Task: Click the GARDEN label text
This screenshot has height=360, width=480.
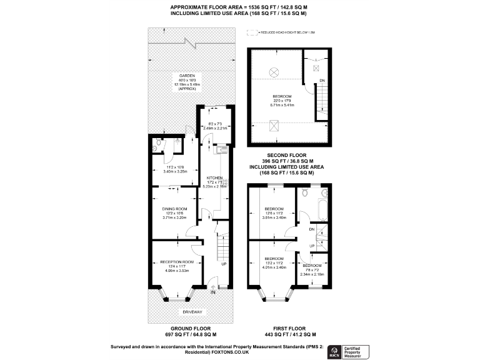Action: (x=187, y=76)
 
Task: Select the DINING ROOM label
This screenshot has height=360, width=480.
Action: (x=174, y=209)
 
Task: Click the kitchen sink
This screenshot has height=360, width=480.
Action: (x=219, y=149)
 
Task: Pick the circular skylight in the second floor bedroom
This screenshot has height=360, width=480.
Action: (x=274, y=72)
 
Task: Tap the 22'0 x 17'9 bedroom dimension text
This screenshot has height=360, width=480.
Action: (x=281, y=101)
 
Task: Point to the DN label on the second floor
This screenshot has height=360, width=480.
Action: (x=322, y=81)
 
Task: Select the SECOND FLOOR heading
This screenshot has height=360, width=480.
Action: (x=286, y=154)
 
